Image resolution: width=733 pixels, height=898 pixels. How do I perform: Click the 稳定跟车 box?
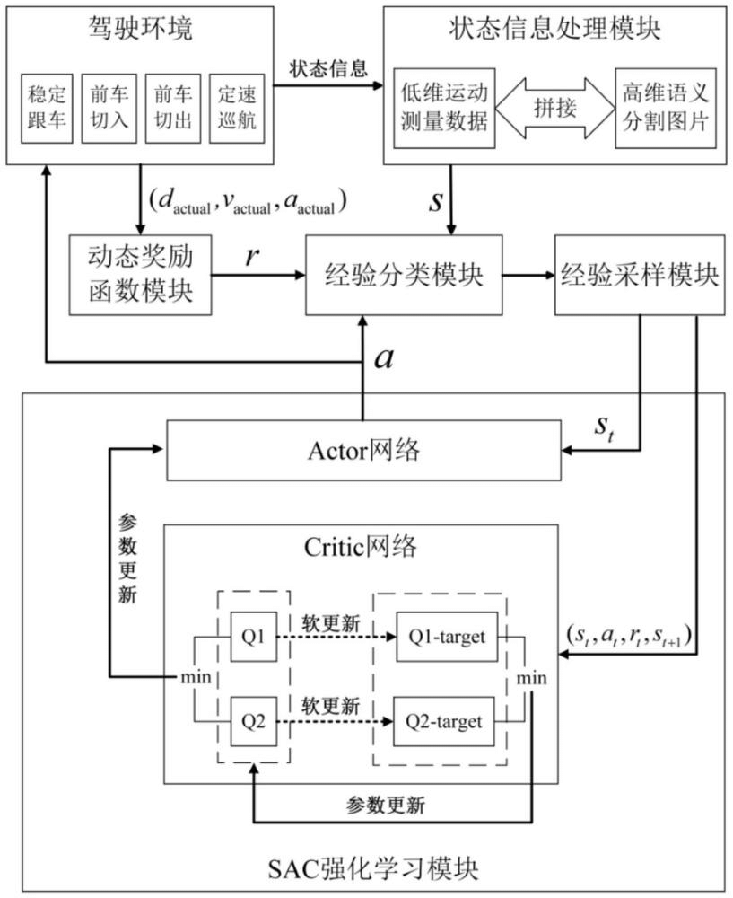coord(46,107)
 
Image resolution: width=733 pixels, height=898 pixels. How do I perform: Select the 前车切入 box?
coord(108,107)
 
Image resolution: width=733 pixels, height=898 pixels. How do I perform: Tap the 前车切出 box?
coord(170,107)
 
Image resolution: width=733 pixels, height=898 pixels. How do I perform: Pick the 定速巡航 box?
coord(234,107)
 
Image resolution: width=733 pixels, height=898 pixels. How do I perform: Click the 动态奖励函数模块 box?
coord(141,275)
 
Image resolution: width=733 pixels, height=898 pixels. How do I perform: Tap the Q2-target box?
coord(444,720)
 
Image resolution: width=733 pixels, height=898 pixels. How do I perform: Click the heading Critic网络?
coord(362,545)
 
